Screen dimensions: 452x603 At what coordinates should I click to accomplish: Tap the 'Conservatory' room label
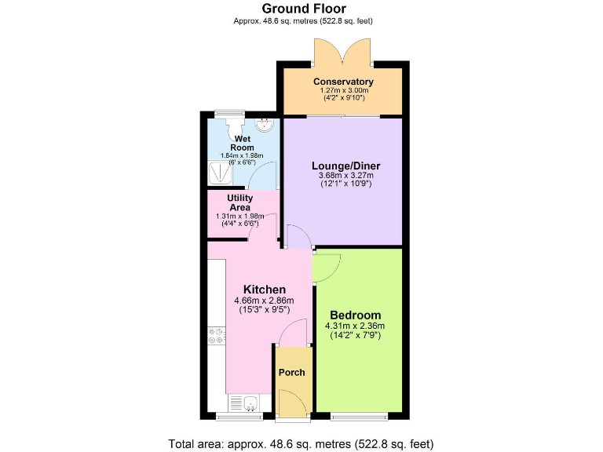point(343,82)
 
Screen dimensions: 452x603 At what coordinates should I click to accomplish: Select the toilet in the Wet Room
point(234,126)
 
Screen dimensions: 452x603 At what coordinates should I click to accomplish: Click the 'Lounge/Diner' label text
point(343,166)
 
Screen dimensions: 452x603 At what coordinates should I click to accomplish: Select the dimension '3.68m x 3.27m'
point(343,176)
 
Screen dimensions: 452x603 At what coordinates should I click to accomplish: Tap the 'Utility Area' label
point(239,203)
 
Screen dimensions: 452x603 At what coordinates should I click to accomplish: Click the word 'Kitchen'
point(264,290)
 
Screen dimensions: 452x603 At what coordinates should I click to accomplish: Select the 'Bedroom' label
point(355,315)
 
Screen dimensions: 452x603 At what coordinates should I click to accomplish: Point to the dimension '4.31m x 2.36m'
point(355,326)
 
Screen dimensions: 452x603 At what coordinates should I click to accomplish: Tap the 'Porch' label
point(293,372)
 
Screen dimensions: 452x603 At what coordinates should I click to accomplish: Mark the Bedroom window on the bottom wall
point(358,414)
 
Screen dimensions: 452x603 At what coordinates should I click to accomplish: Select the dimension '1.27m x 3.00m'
point(343,91)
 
